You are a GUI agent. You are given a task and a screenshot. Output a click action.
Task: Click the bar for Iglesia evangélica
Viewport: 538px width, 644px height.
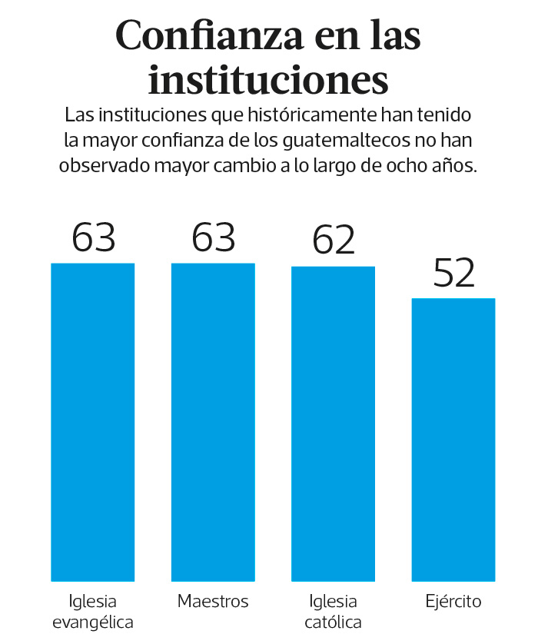tap(93, 422)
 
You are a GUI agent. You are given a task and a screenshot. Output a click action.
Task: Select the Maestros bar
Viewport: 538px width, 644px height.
tap(213, 422)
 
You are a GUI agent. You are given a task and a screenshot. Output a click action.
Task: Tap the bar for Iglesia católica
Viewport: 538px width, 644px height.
tap(333, 423)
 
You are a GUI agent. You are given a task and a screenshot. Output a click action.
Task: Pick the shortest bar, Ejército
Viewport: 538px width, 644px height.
tap(453, 439)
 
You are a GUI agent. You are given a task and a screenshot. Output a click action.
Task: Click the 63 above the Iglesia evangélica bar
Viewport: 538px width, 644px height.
tap(93, 237)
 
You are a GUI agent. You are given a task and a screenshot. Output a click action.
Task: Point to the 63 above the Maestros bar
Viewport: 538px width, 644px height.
tap(213, 237)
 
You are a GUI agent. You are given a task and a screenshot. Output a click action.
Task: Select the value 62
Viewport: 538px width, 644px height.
tap(334, 241)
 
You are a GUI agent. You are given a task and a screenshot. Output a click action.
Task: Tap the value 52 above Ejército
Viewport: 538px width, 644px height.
tap(454, 273)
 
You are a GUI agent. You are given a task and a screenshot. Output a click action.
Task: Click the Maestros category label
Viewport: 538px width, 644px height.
tap(213, 601)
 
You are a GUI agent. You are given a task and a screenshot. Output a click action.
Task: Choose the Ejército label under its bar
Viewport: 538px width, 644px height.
tap(453, 601)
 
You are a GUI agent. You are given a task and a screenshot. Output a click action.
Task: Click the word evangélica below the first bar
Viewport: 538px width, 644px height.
tap(93, 622)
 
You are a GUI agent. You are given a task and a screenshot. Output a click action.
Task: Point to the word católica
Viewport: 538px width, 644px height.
tap(333, 622)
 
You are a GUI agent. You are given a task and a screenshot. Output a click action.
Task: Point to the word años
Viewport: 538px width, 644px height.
tap(457, 165)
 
